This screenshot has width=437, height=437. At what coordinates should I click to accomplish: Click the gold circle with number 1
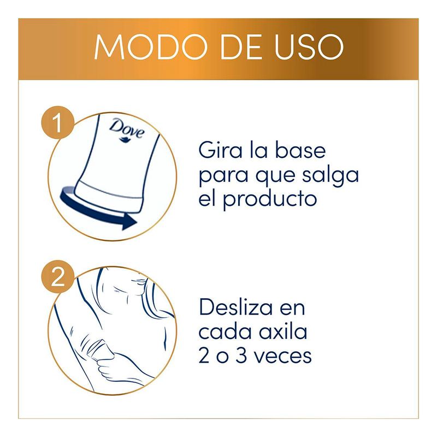[58, 122]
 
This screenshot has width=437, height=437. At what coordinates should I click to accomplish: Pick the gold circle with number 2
[58, 276]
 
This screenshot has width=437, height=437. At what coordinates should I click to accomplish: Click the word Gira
[221, 151]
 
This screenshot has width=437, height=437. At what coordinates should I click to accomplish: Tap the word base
[300, 151]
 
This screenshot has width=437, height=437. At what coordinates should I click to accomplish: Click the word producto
[270, 199]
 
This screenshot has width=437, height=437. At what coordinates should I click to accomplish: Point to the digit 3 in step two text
[241, 356]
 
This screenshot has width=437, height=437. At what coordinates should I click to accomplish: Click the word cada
[226, 332]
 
